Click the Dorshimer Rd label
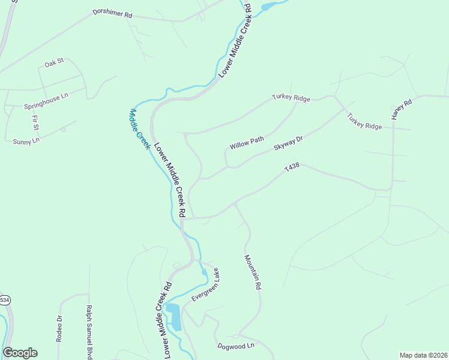112,13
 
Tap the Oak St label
54,63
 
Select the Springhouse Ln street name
46,101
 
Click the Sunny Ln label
26,140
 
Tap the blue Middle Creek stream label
139,128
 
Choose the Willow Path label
247,143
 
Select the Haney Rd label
402,109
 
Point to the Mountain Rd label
253,272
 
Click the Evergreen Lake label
205,285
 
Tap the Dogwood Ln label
236,346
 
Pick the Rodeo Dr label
59,328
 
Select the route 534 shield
5,300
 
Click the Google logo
20,353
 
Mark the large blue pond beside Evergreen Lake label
173,316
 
